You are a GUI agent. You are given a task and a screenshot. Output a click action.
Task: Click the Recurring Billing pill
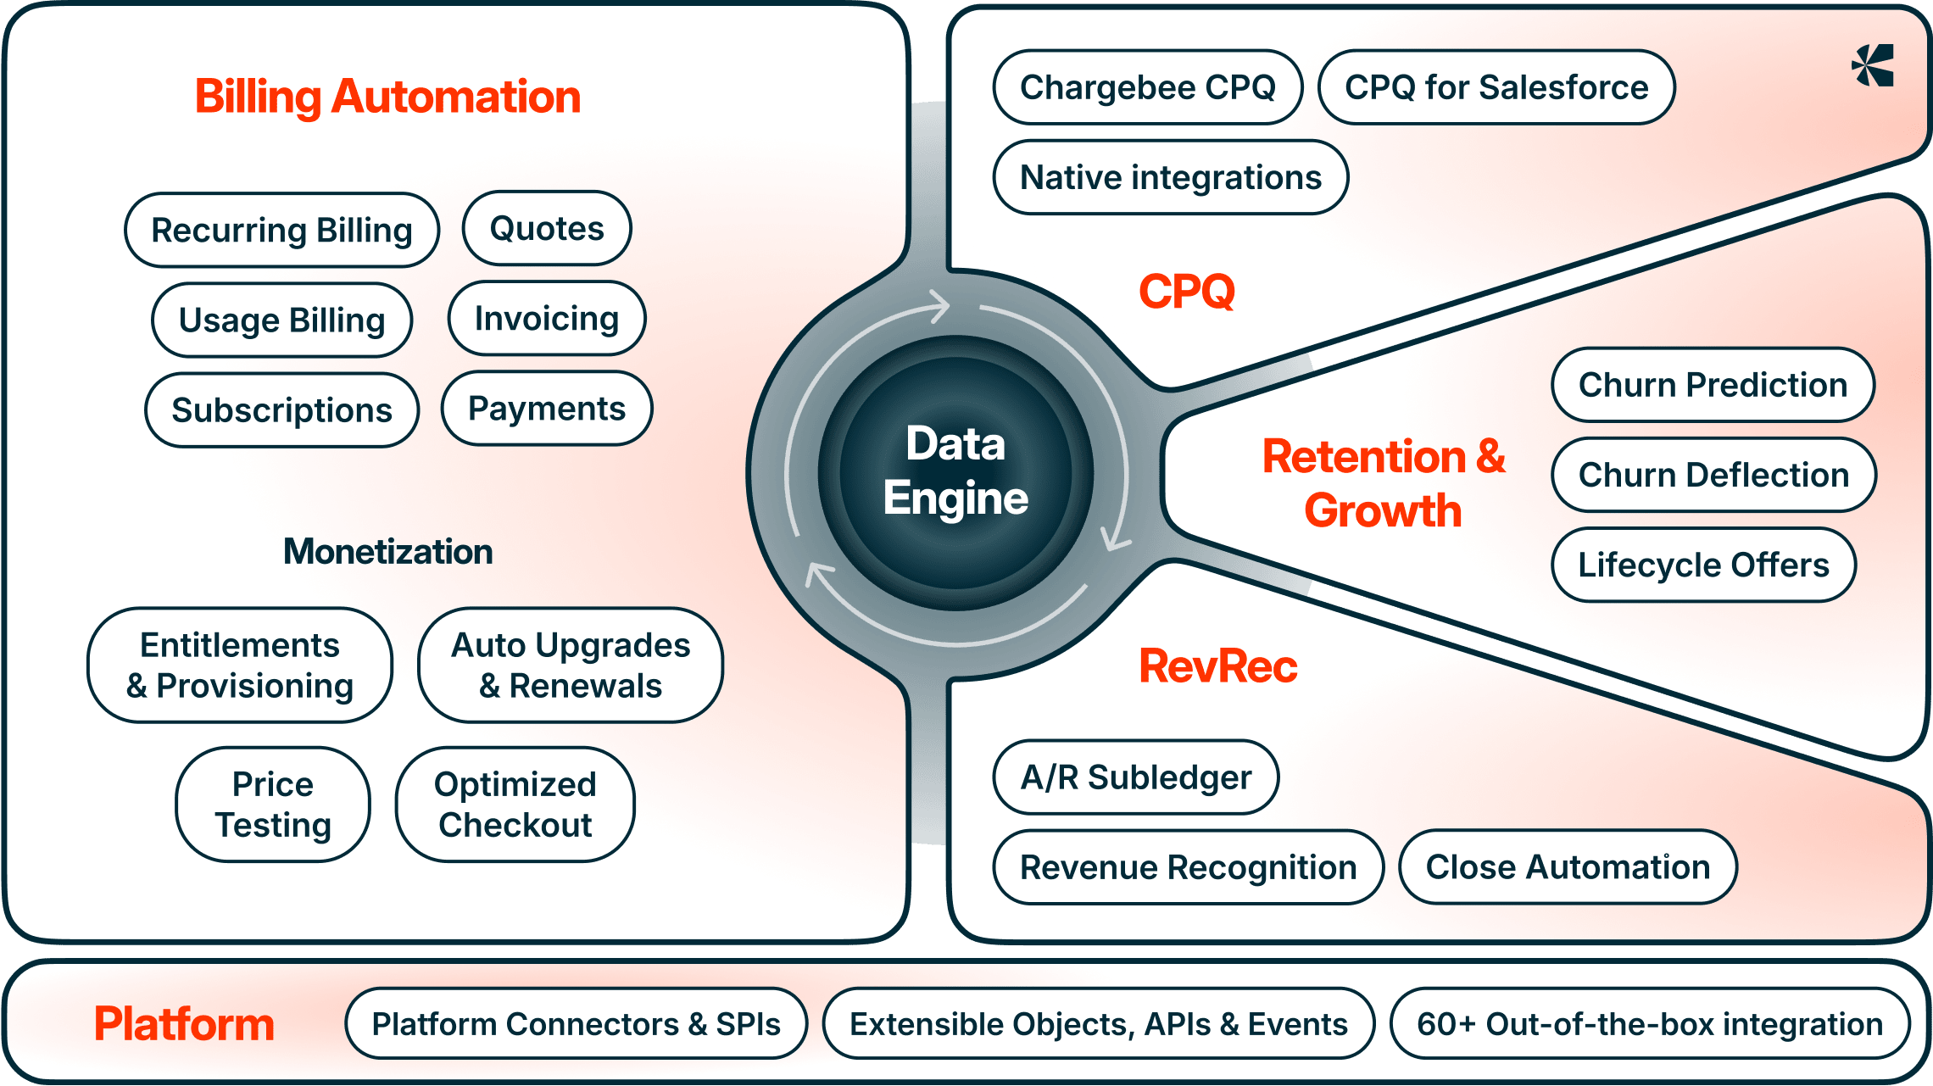(281, 231)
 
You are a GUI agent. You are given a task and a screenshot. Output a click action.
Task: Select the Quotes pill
(547, 229)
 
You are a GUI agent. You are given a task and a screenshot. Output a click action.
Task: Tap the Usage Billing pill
(281, 320)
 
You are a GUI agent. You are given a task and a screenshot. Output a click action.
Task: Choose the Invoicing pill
(547, 319)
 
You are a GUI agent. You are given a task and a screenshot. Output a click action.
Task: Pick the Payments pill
(547, 409)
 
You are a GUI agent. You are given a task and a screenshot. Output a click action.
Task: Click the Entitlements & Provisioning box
(240, 666)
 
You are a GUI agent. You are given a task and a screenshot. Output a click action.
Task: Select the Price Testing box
(273, 805)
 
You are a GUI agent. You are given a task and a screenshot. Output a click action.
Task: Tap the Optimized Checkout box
(515, 805)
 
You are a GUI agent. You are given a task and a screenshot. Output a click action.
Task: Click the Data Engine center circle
(955, 471)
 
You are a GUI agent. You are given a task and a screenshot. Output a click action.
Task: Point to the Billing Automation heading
(388, 97)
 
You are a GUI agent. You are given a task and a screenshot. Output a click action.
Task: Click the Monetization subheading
(388, 552)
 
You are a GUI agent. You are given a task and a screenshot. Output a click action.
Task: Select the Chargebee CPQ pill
(1147, 87)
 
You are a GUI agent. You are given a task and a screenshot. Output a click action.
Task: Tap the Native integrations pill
(1170, 178)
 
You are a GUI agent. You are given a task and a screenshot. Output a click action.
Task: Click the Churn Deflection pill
(1713, 475)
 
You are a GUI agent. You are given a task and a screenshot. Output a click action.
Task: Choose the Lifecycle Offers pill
(1703, 565)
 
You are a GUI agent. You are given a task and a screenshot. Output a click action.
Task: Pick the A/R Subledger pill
(1135, 777)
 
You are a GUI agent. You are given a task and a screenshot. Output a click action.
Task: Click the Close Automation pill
(1568, 867)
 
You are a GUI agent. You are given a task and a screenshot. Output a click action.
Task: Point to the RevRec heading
(1217, 666)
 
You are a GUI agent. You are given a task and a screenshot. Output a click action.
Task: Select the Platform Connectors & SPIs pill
(576, 1024)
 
